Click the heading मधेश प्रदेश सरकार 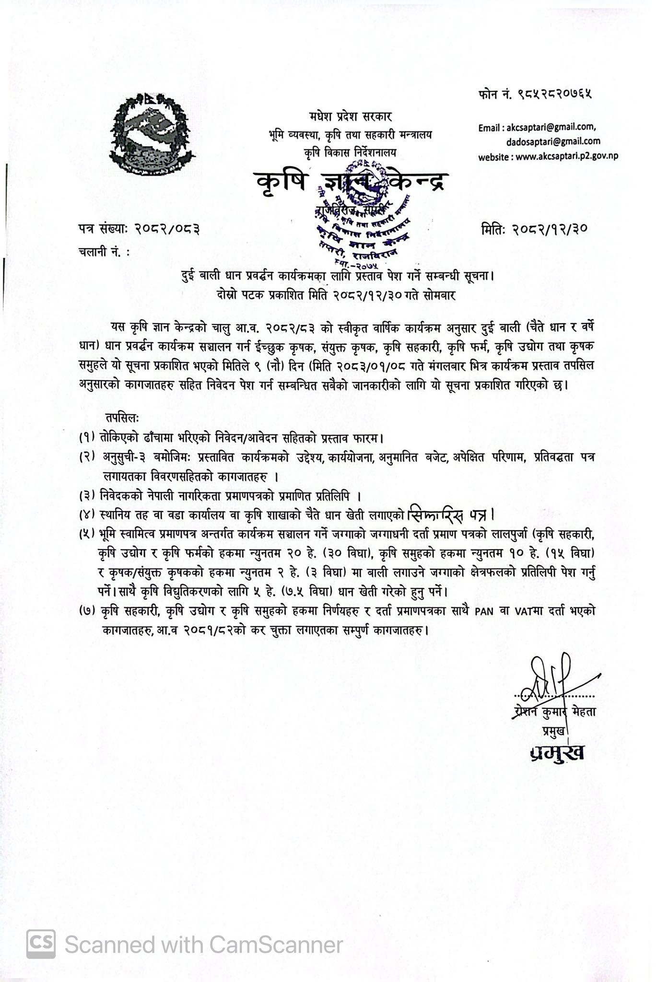coord(350,117)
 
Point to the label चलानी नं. coord(103,251)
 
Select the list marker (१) coord(88,437)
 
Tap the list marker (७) coord(88,611)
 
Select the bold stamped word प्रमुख coord(557,752)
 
